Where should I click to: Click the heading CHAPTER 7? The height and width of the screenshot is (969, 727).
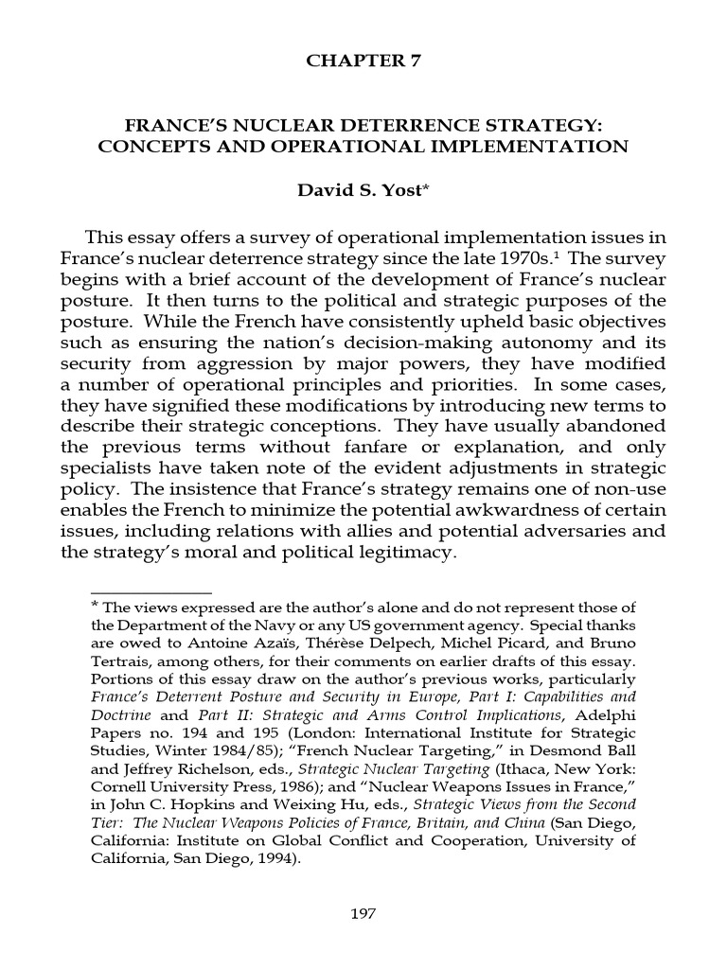click(363, 62)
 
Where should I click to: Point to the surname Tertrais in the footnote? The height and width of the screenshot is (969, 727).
click(120, 661)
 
